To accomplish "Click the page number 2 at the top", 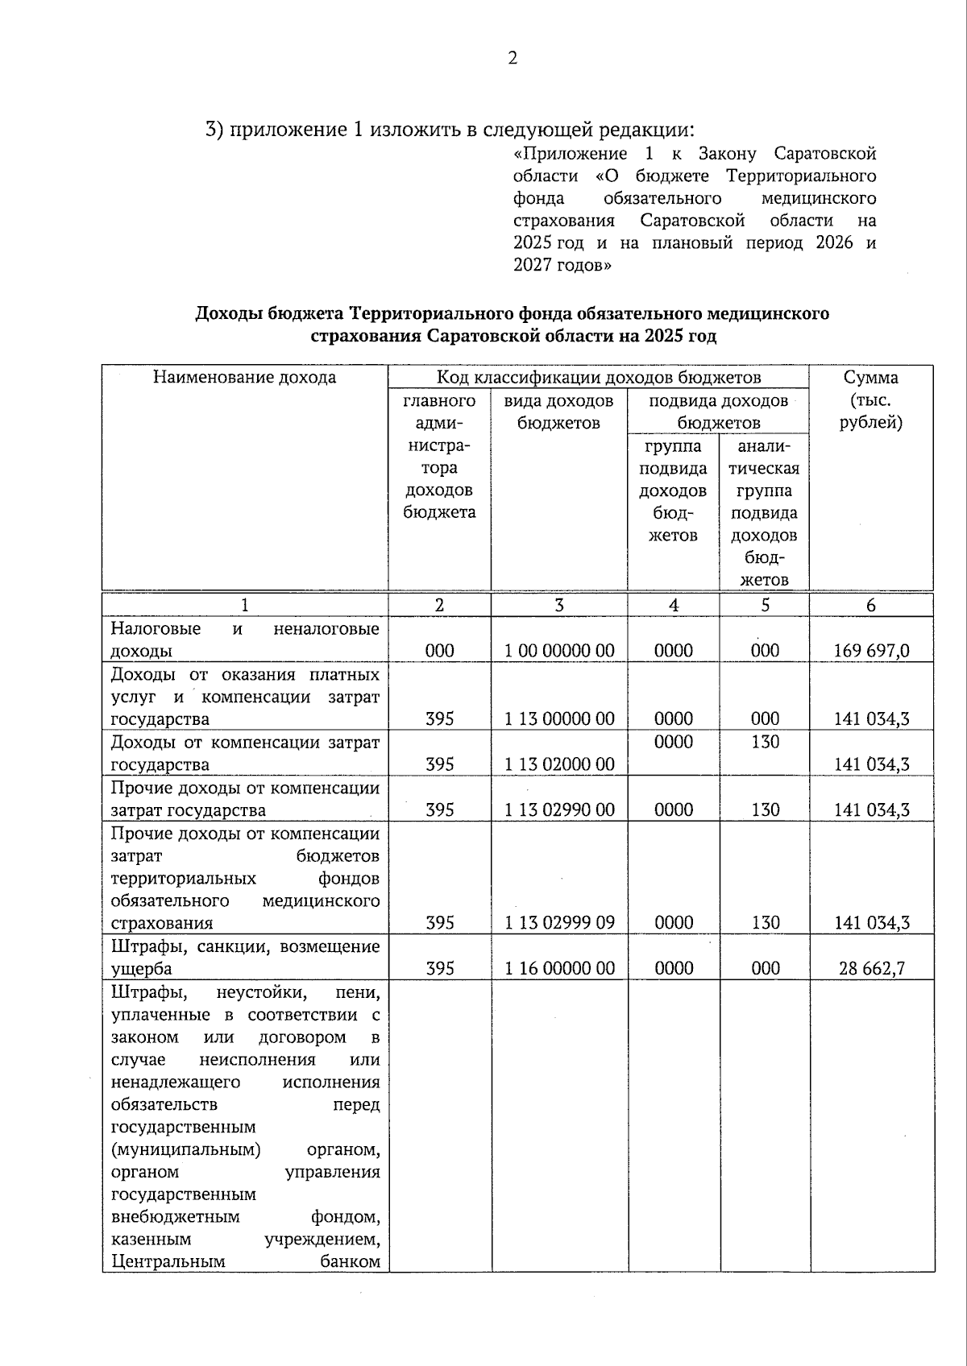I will pyautogui.click(x=513, y=58).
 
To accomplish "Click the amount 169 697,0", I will pyautogui.click(x=871, y=651).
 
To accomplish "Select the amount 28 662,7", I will pyautogui.click(x=871, y=968).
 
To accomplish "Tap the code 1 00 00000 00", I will pyautogui.click(x=559, y=651).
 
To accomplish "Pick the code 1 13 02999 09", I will pyautogui.click(x=559, y=923).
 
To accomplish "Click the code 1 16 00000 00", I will pyautogui.click(x=559, y=968).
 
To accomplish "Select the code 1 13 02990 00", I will pyautogui.click(x=559, y=810).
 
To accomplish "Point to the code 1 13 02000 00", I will pyautogui.click(x=559, y=764).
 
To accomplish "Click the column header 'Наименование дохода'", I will pyautogui.click(x=245, y=378).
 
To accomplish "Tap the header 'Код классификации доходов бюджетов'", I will pyautogui.click(x=598, y=378).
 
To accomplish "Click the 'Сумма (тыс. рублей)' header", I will pyautogui.click(x=871, y=399).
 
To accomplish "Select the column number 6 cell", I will pyautogui.click(x=871, y=606).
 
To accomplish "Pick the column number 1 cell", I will pyautogui.click(x=245, y=606).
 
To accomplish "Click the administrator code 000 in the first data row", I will pyautogui.click(x=439, y=651).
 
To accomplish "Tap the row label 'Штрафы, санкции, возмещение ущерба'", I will pyautogui.click(x=245, y=957).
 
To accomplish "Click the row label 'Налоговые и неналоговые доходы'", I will pyautogui.click(x=245, y=640).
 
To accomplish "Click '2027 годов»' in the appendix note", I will pyautogui.click(x=562, y=266).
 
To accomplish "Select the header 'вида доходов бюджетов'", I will pyautogui.click(x=559, y=412).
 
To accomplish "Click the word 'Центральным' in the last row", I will pyautogui.click(x=168, y=1261).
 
